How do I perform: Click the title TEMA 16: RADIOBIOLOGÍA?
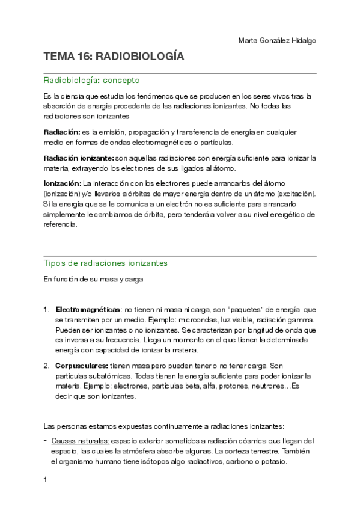click(114, 57)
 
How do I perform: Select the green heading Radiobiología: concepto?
click(91, 80)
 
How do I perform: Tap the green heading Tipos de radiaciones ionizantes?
click(106, 263)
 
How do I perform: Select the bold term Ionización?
click(63, 183)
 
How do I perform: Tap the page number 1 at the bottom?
click(46, 481)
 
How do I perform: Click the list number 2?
click(46, 366)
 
